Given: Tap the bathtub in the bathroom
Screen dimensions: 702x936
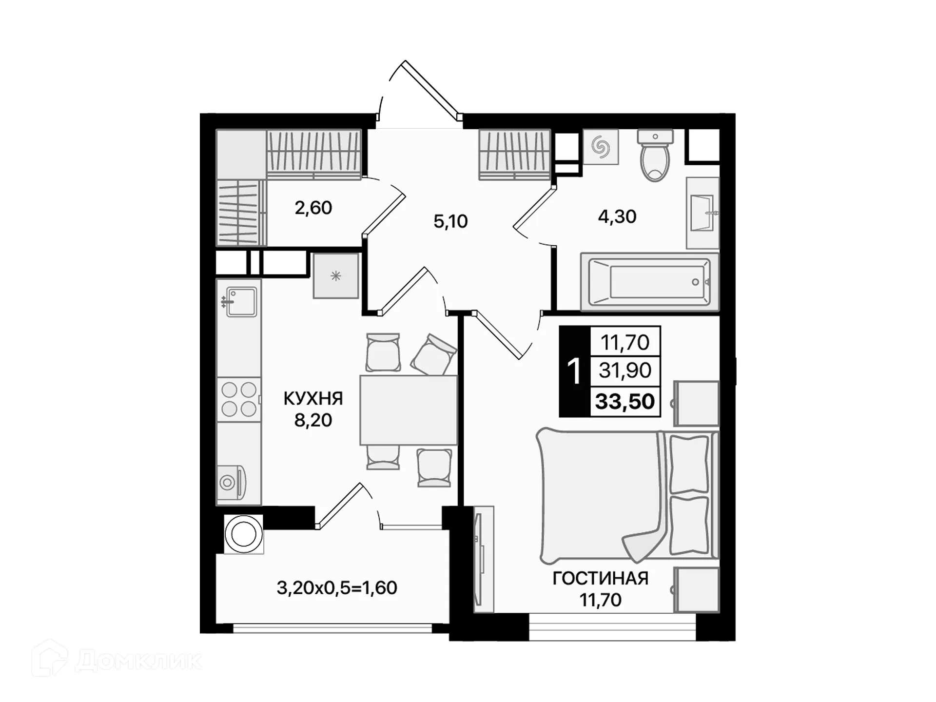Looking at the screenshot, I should [x=649, y=282].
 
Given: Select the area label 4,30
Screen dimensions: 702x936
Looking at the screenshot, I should [x=617, y=216].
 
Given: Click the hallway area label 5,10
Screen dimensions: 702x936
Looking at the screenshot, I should [x=450, y=221].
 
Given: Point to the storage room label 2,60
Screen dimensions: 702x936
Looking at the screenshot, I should [x=313, y=208].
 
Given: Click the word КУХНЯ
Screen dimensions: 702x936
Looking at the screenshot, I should [x=313, y=398].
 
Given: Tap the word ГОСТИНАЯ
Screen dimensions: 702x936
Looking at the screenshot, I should [x=601, y=579].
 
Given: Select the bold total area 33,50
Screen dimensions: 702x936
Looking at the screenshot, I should [x=625, y=402].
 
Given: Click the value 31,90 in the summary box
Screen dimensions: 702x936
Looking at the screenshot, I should [x=625, y=370].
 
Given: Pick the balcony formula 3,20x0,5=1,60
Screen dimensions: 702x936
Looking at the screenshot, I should [x=337, y=588].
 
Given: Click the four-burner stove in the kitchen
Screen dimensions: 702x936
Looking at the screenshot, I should [x=239, y=399].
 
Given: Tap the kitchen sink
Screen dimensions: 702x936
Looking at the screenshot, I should [x=241, y=302].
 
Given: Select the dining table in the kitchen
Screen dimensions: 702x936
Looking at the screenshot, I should [x=409, y=409].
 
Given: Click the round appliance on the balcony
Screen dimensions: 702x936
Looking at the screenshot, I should [x=244, y=534].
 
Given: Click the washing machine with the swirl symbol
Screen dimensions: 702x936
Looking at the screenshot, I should [x=601, y=146].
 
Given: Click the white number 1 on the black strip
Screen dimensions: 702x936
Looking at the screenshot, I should [x=575, y=371].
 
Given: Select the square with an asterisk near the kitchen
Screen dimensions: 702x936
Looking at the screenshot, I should [x=336, y=276].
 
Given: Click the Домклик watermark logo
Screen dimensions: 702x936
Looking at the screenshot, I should [x=117, y=660].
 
